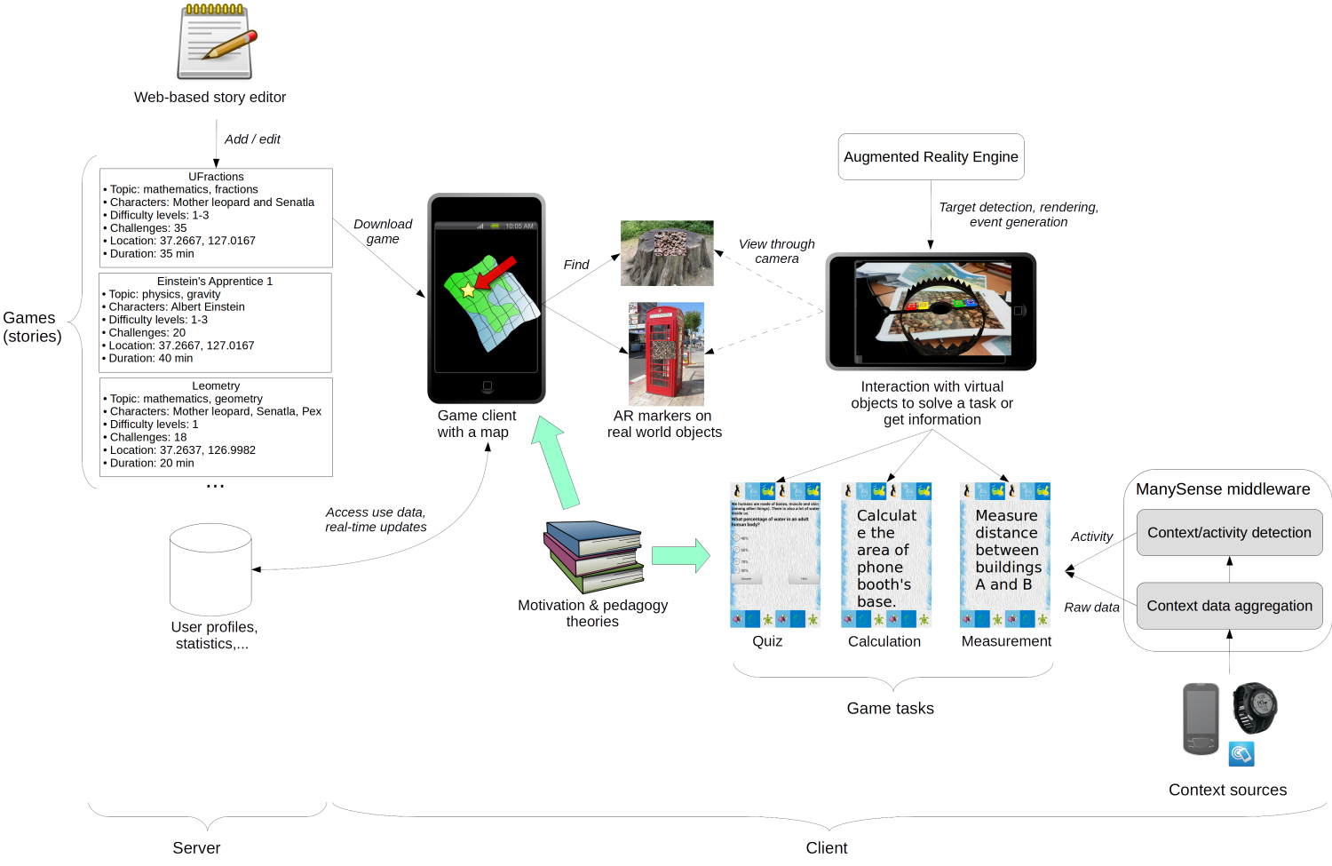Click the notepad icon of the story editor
(x=216, y=44)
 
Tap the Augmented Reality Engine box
(x=931, y=157)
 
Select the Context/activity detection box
(x=1229, y=533)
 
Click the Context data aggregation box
(x=1229, y=606)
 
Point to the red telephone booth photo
(x=666, y=354)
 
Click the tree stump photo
(x=666, y=253)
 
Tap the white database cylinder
(x=210, y=569)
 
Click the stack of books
(x=594, y=556)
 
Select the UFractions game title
(x=216, y=177)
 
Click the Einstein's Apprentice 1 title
(x=215, y=282)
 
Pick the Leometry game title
(x=216, y=386)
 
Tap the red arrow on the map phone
(x=496, y=272)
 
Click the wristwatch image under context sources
(x=1255, y=708)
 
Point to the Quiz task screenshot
(x=775, y=555)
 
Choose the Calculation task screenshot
(x=886, y=555)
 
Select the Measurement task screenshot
(x=1005, y=555)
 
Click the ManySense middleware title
(x=1223, y=489)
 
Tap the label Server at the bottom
(x=196, y=847)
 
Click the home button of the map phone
(x=487, y=386)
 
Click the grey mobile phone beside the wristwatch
(x=1201, y=719)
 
